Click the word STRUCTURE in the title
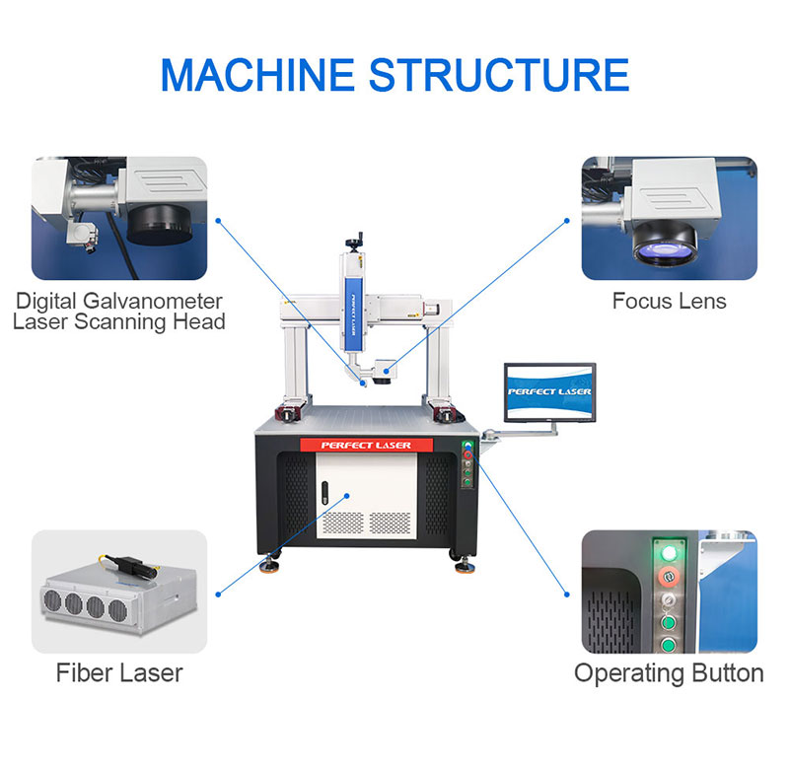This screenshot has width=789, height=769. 502,75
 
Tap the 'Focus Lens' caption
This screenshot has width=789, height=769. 669,301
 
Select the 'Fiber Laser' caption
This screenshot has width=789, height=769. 119,674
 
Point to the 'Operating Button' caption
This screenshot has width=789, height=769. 669,674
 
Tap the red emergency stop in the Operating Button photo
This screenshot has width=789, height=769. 668,576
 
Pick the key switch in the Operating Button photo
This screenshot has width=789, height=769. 668,600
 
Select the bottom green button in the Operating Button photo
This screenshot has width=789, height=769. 668,647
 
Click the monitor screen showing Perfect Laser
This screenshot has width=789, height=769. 549,391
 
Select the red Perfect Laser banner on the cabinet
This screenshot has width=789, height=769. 366,446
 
